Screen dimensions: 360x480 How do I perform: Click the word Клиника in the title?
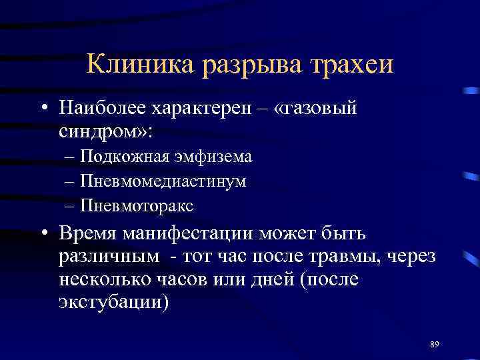[132, 65]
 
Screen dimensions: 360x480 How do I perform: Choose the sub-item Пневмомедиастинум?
[163, 181]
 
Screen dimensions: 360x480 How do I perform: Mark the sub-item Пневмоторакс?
[137, 205]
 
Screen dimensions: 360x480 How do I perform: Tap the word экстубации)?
[113, 301]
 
